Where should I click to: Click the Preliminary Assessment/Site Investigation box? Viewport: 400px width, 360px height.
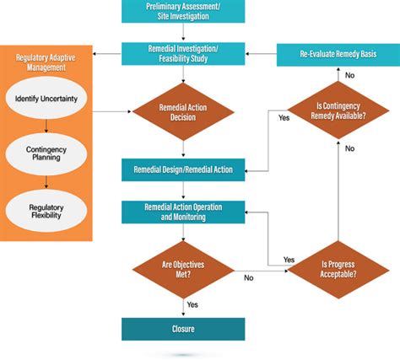tap(183, 11)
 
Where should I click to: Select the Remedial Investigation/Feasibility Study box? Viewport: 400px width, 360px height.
tap(183, 54)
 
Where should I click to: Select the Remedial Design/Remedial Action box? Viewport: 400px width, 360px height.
tap(183, 169)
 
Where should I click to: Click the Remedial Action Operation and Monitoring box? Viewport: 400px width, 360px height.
tap(183, 211)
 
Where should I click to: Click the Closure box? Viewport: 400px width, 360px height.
tap(183, 327)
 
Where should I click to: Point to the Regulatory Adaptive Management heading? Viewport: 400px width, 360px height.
tap(46, 63)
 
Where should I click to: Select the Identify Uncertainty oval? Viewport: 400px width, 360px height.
tap(46, 99)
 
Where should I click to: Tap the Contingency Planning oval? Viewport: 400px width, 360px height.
tap(46, 153)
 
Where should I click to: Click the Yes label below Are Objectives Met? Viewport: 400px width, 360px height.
tap(193, 304)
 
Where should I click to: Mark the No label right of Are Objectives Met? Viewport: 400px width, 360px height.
tap(249, 276)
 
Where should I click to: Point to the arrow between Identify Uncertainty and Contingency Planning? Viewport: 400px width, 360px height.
tap(46, 126)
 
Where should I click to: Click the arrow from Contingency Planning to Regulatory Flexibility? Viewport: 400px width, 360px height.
tap(46, 180)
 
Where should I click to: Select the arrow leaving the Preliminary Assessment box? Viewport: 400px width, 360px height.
tap(183, 32)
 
